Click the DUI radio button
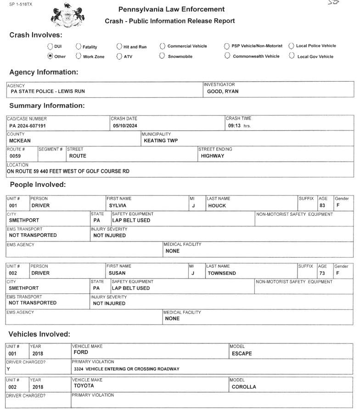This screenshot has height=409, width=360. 50,46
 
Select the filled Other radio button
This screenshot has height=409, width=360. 50,56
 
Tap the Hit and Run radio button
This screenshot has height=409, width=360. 119,46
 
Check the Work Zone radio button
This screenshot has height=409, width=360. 79,56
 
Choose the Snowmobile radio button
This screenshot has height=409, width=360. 162,56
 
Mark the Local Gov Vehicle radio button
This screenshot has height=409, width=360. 292,56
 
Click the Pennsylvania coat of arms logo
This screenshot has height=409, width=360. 65,15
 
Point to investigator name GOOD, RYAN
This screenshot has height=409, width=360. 223,91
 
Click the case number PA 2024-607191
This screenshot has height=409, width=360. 28,125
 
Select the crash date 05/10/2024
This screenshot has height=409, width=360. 125,125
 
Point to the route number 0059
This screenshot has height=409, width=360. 15,156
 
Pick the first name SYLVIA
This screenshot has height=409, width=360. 118,206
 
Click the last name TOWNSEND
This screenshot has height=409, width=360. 223,273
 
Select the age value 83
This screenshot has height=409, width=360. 322,206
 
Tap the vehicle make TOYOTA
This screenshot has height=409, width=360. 84,386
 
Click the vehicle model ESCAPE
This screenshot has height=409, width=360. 242,353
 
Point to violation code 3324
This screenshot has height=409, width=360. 79,369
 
